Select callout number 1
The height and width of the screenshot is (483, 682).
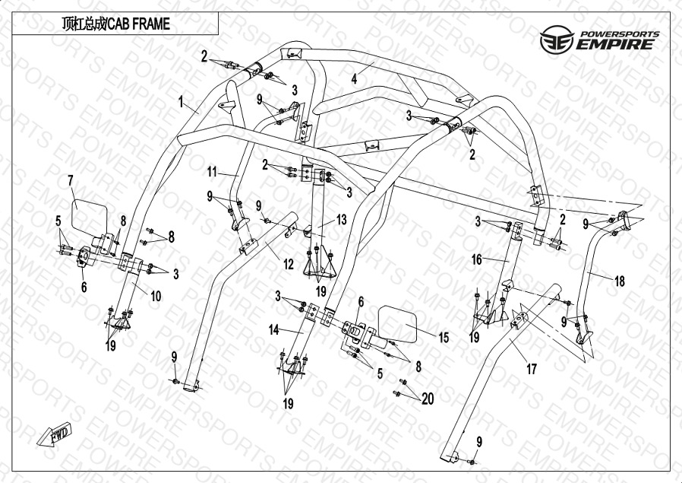(182, 100)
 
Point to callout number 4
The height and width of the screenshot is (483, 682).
(354, 78)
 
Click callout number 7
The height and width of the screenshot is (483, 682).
(71, 180)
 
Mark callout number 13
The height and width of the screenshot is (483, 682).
(341, 220)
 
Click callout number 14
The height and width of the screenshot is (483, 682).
(273, 330)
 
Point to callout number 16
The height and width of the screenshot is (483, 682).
(477, 259)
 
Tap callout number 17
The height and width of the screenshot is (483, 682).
(532, 370)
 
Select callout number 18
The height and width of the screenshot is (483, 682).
(620, 281)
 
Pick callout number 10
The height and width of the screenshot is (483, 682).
(155, 297)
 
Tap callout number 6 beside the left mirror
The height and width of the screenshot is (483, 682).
(84, 287)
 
